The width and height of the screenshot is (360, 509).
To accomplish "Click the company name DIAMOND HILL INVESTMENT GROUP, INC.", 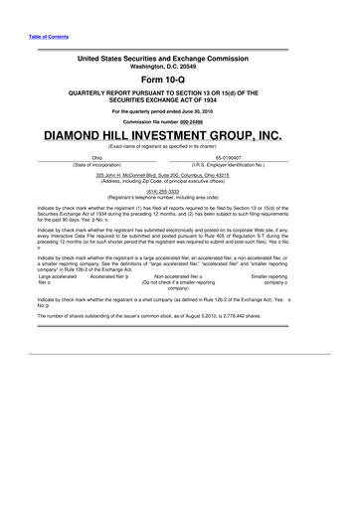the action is coord(179,132).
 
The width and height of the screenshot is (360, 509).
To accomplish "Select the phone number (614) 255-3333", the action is coord(179,192).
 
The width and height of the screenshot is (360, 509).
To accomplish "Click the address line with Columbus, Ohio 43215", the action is coord(179,174).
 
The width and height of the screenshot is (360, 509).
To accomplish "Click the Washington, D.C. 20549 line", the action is coord(179,67).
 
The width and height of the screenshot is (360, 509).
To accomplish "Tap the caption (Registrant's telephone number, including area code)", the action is coord(179,199).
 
